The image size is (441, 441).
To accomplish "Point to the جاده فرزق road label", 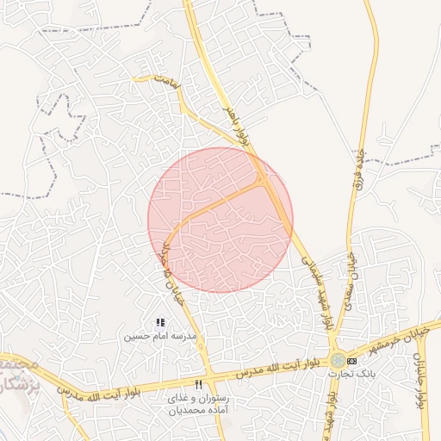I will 356,167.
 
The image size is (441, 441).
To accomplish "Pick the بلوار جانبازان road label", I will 420,379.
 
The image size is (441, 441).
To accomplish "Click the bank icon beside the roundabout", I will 351,360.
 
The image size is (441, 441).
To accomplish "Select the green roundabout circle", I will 336,361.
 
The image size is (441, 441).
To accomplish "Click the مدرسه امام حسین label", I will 161,334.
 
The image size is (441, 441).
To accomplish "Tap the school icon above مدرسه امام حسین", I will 160,322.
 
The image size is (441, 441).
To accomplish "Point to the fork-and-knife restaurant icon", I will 199,385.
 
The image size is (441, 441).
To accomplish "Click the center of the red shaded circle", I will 220,220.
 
